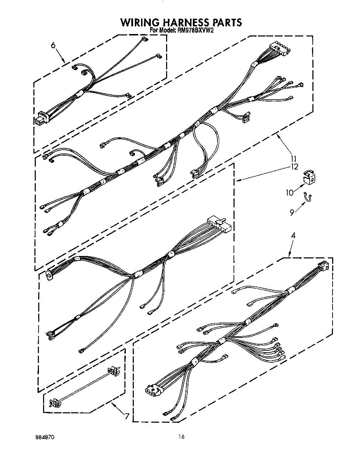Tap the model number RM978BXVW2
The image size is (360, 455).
pos(195,31)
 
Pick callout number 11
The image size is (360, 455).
pos(294,159)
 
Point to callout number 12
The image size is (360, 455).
pos(294,167)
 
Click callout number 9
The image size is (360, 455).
pos(292,212)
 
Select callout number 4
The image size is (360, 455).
pos(293,235)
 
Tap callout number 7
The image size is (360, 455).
pos(127,416)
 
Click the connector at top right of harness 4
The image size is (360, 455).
pos(322,266)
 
